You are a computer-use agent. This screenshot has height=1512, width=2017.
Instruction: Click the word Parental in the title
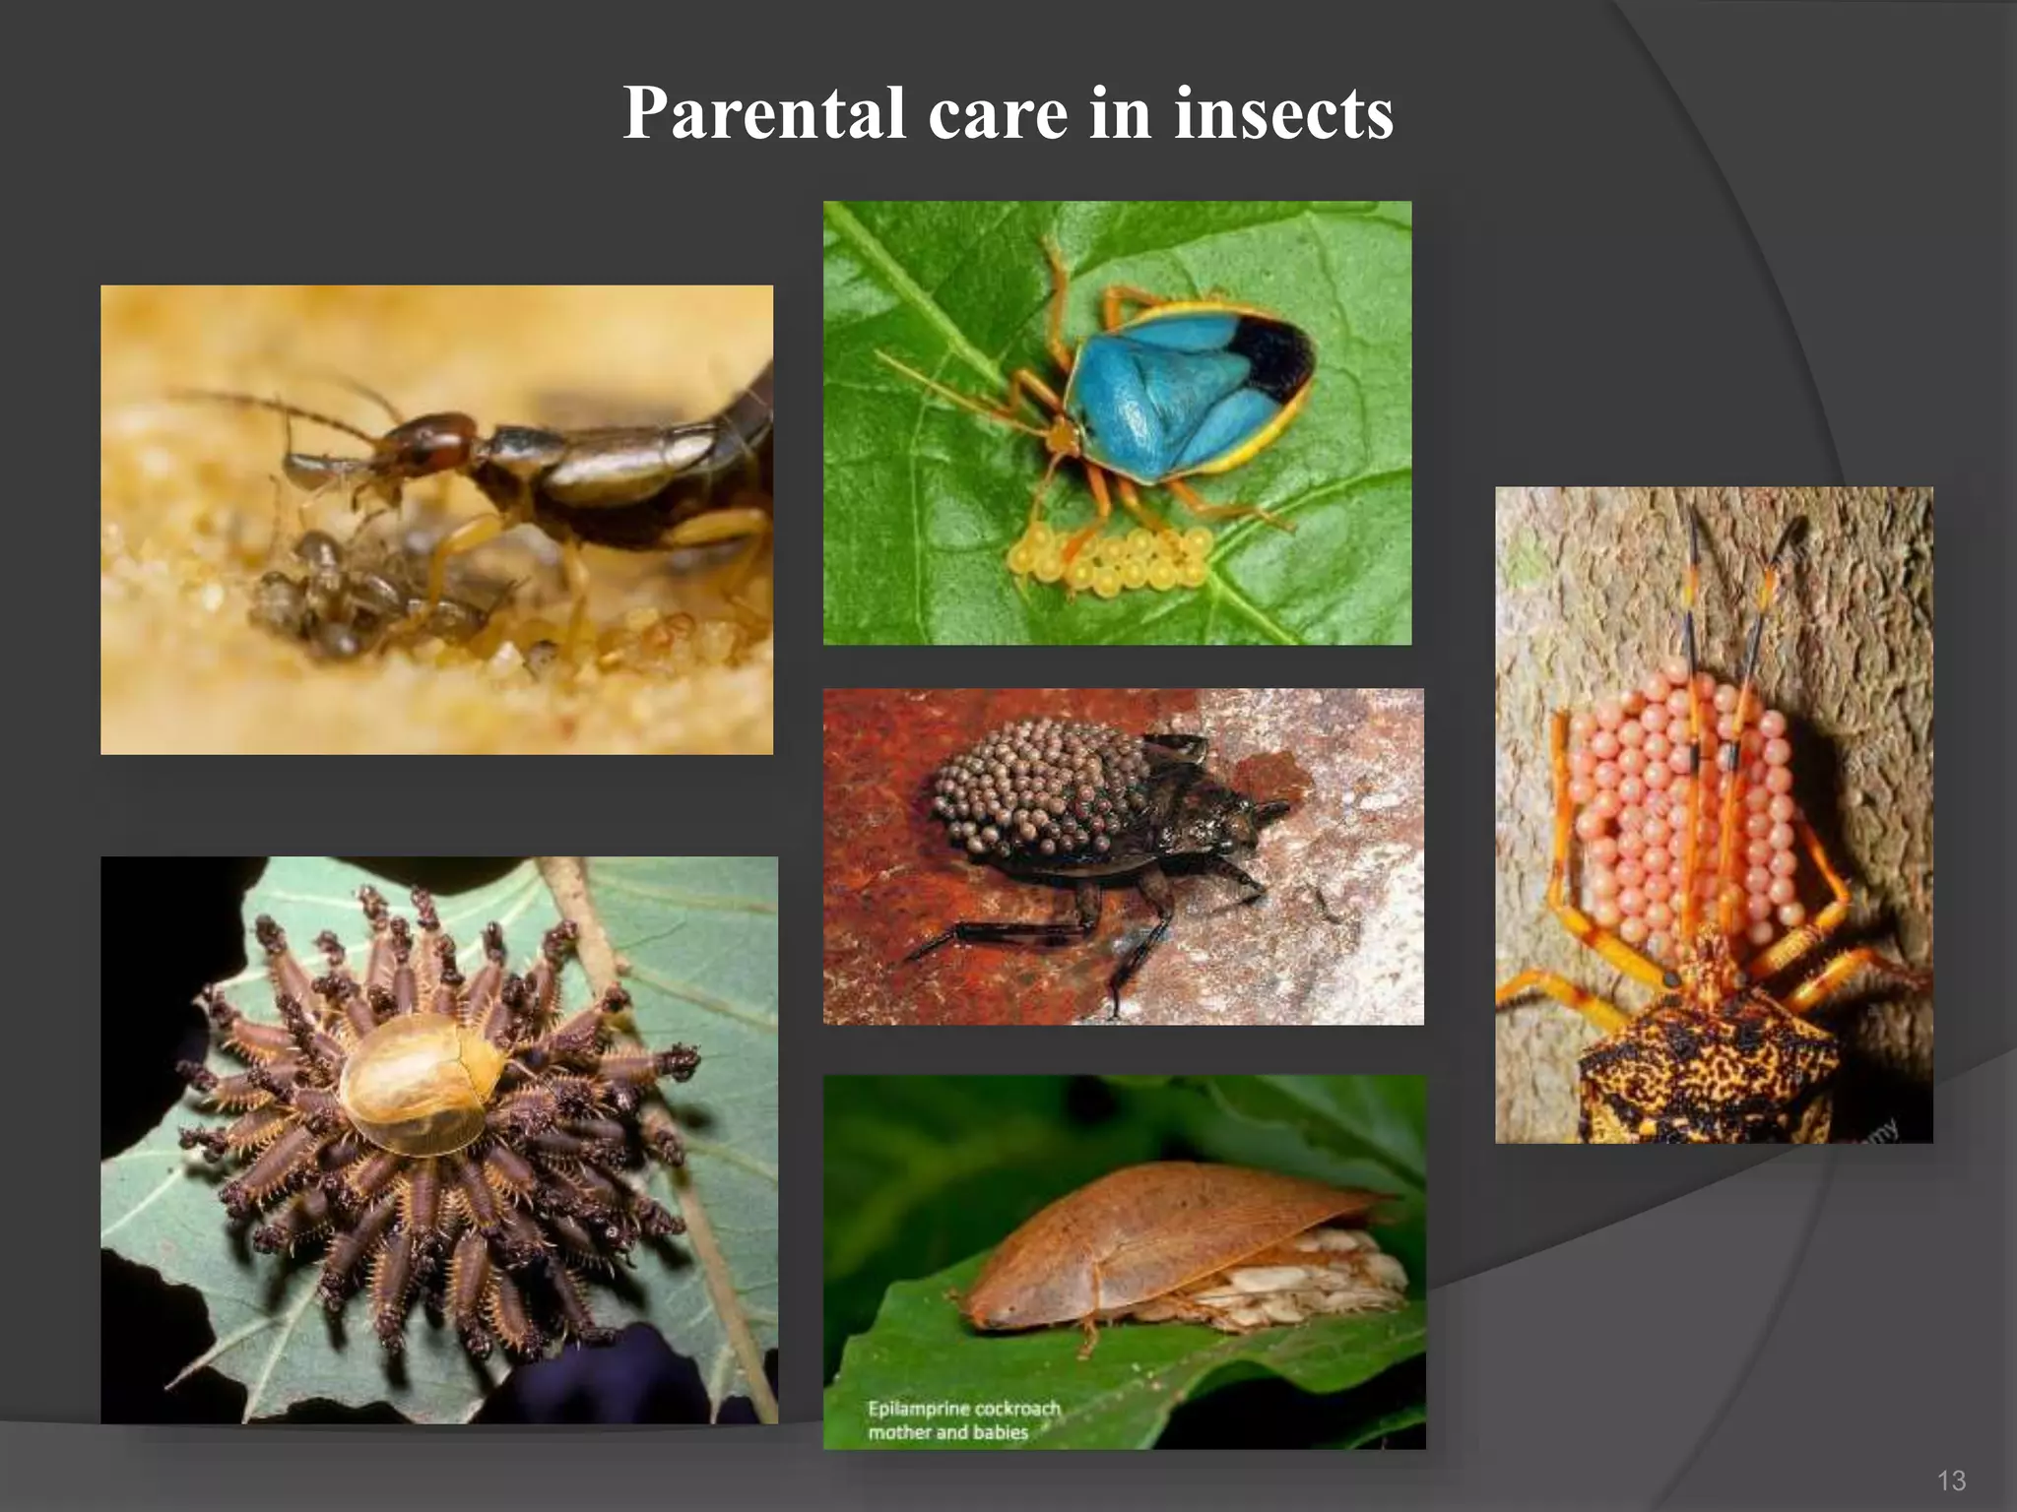click(763, 113)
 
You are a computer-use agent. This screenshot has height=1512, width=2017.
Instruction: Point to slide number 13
click(1951, 1480)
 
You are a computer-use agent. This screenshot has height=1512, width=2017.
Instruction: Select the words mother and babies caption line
click(947, 1432)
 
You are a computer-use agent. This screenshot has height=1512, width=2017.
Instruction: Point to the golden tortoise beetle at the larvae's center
click(423, 1083)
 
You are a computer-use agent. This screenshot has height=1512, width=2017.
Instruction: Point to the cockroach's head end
click(985, 1304)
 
